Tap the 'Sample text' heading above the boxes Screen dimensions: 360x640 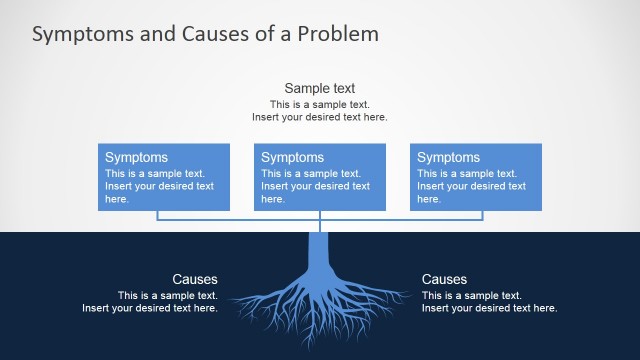pyautogui.click(x=319, y=88)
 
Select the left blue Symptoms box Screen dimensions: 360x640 pyautogui.click(x=164, y=177)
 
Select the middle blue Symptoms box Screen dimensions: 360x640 pyautogui.click(x=320, y=177)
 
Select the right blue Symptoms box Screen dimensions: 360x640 pyautogui.click(x=476, y=177)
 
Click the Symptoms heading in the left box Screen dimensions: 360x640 pyautogui.click(x=136, y=157)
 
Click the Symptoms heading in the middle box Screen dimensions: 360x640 pyautogui.click(x=292, y=157)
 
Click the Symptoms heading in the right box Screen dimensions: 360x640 pyautogui.click(x=448, y=157)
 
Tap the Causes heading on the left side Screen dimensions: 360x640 pyautogui.click(x=194, y=279)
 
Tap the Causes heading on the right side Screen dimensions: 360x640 pyautogui.click(x=444, y=279)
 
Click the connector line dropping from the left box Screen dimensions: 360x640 pyautogui.click(x=157, y=215)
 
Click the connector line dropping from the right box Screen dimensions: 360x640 pyautogui.click(x=483, y=215)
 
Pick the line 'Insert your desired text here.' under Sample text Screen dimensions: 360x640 pyautogui.click(x=319, y=117)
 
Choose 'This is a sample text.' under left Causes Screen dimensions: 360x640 pyautogui.click(x=167, y=295)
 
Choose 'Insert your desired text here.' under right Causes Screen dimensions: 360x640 pyautogui.click(x=489, y=308)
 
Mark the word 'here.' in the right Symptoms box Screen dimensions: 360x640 pyautogui.click(x=428, y=199)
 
